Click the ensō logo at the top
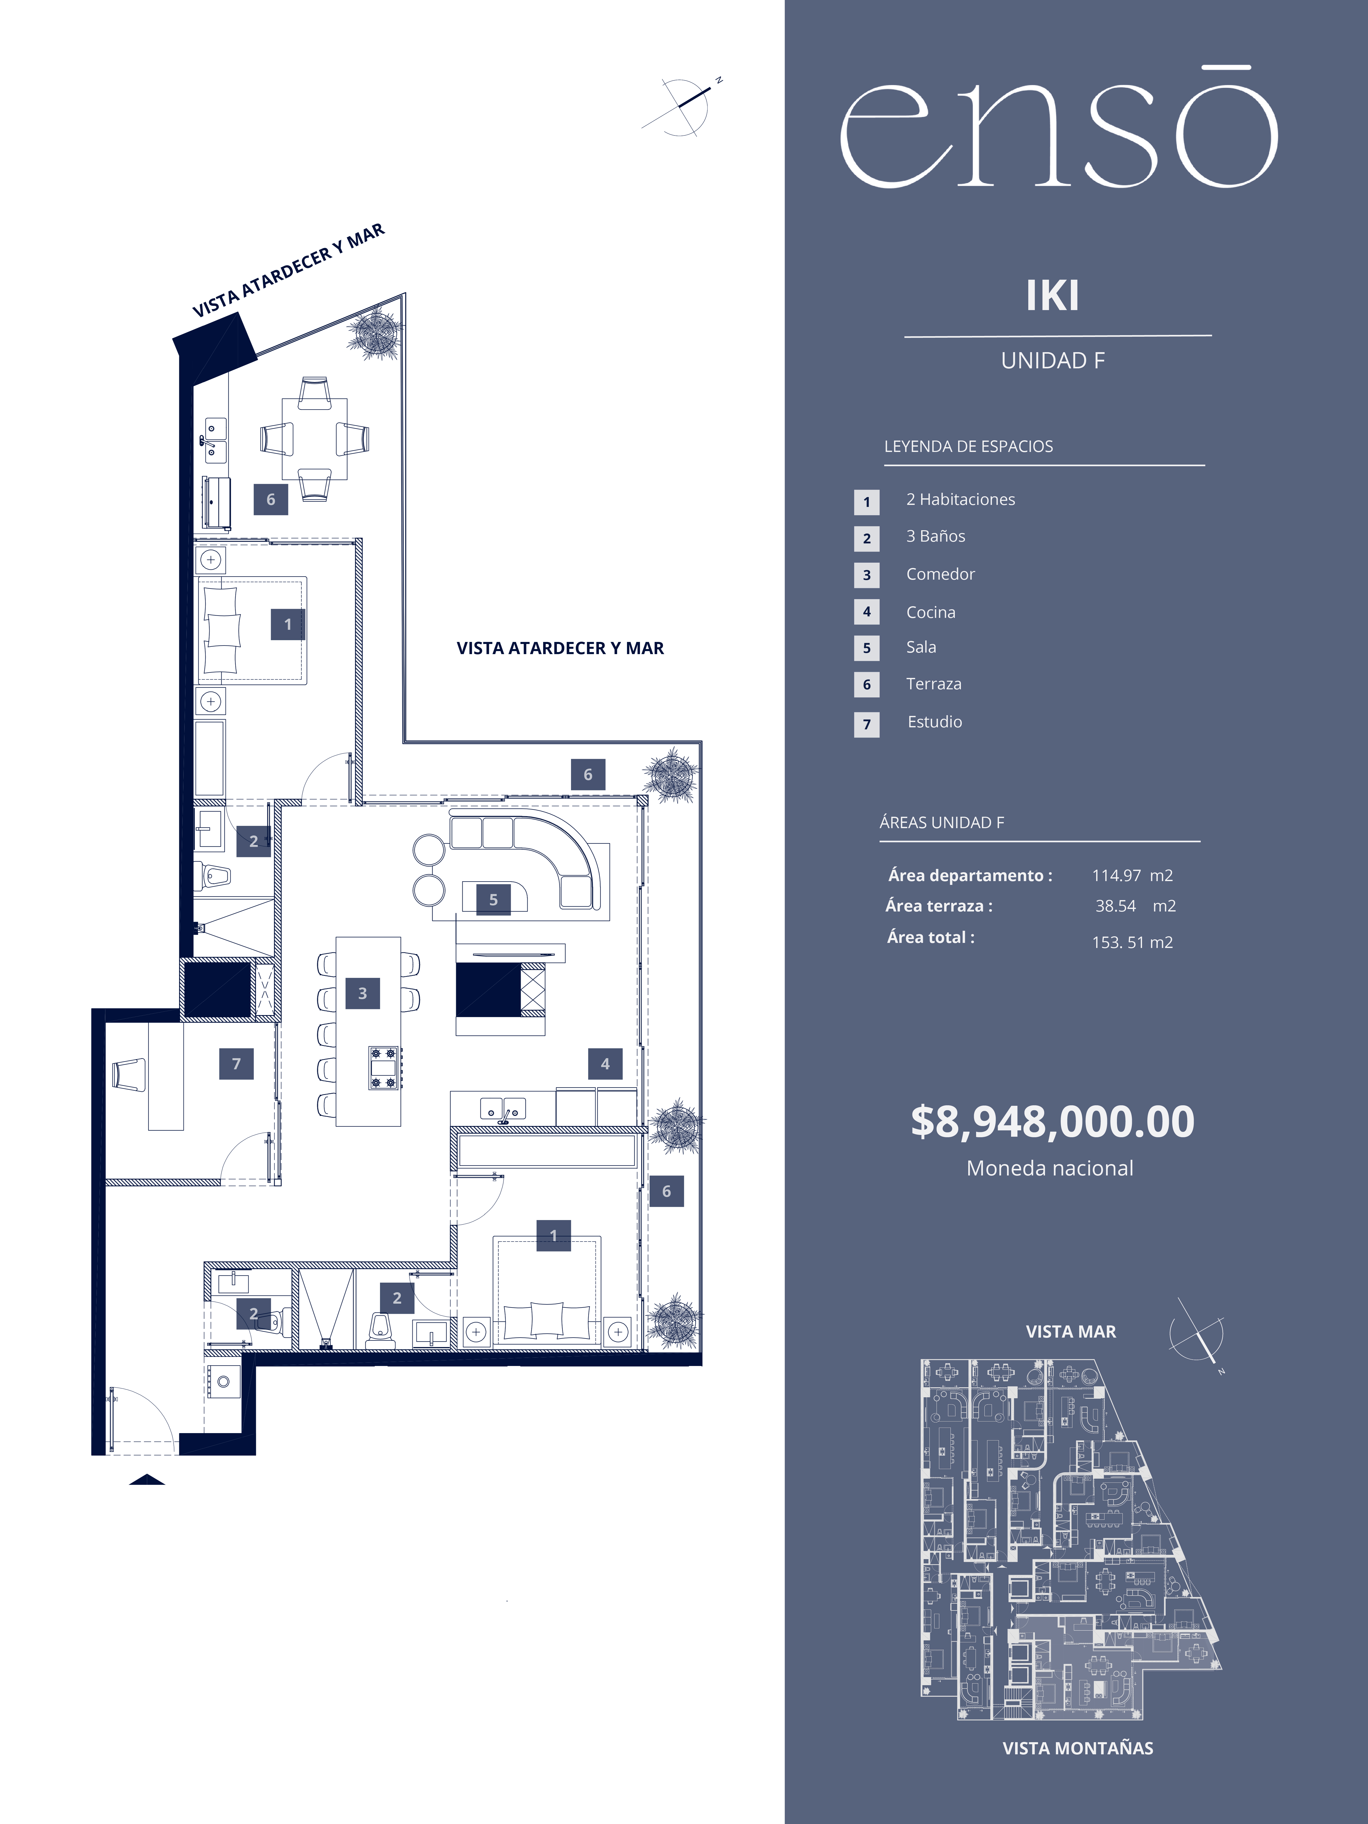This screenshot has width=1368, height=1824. tap(1059, 128)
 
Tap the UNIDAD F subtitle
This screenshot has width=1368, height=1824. tap(1053, 360)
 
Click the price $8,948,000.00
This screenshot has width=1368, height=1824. tap(1052, 1122)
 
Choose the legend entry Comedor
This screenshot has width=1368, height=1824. tap(940, 574)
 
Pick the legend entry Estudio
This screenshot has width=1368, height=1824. tap(934, 721)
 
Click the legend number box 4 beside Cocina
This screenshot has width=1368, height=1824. tap(867, 612)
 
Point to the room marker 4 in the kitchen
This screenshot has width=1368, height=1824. tap(605, 1064)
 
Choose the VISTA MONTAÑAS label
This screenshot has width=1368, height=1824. tap(1078, 1748)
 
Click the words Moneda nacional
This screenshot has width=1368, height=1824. tap(1050, 1168)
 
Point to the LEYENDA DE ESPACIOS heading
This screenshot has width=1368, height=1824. tap(969, 446)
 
